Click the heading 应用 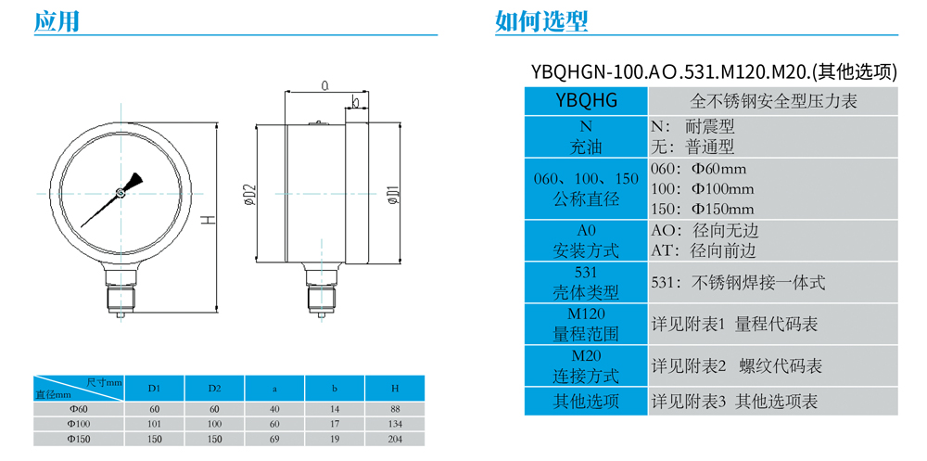click(56, 21)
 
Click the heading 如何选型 click(541, 21)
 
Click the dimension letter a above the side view click(325, 85)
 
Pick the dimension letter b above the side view click(355, 102)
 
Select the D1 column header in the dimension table click(155, 387)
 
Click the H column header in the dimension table click(395, 387)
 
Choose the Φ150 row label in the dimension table click(78, 438)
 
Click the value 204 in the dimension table click(395, 438)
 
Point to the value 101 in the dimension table click(155, 424)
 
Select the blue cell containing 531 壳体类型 click(585, 283)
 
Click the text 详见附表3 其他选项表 click(734, 402)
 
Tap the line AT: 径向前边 click(705, 250)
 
